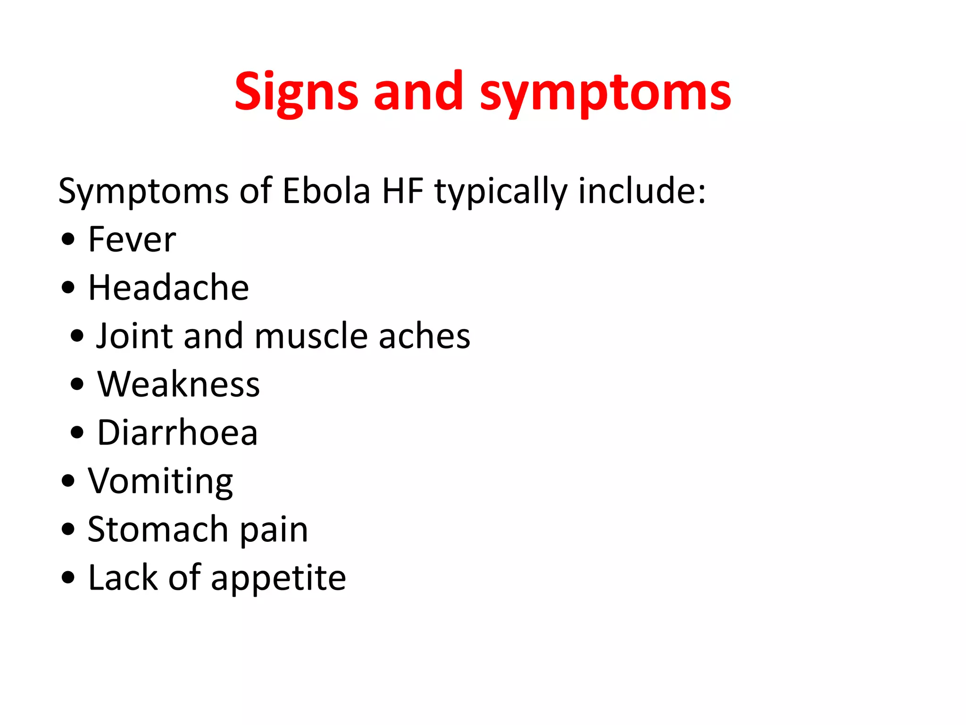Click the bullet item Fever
[132, 240]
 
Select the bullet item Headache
[168, 288]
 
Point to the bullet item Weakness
[178, 384]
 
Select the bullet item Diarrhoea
[177, 433]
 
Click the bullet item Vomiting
[160, 481]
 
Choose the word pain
[274, 531]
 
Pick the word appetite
[278, 579]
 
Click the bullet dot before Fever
[68, 239]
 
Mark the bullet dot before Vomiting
[68, 481]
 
